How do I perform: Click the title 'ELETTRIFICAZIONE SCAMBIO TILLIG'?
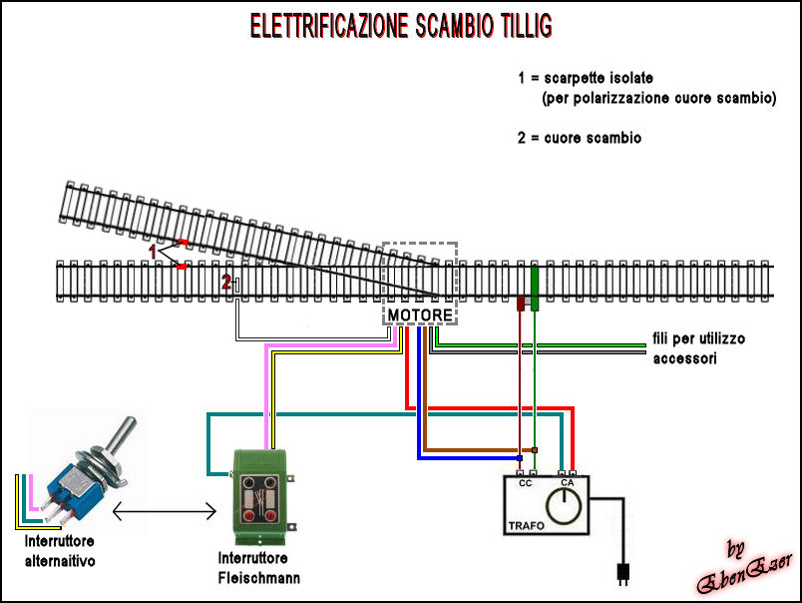(399, 26)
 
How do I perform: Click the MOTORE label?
(420, 315)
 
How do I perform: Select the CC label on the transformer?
(526, 483)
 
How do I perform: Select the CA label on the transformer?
(567, 483)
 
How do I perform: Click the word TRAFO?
(526, 524)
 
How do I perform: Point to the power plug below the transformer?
(621, 574)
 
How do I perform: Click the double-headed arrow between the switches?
(165, 512)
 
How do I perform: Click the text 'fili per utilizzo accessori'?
(698, 348)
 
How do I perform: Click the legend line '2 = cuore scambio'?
(580, 138)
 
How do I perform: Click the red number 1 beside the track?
(153, 253)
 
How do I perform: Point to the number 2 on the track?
(226, 283)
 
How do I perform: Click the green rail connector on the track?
(535, 287)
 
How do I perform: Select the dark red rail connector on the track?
(521, 302)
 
